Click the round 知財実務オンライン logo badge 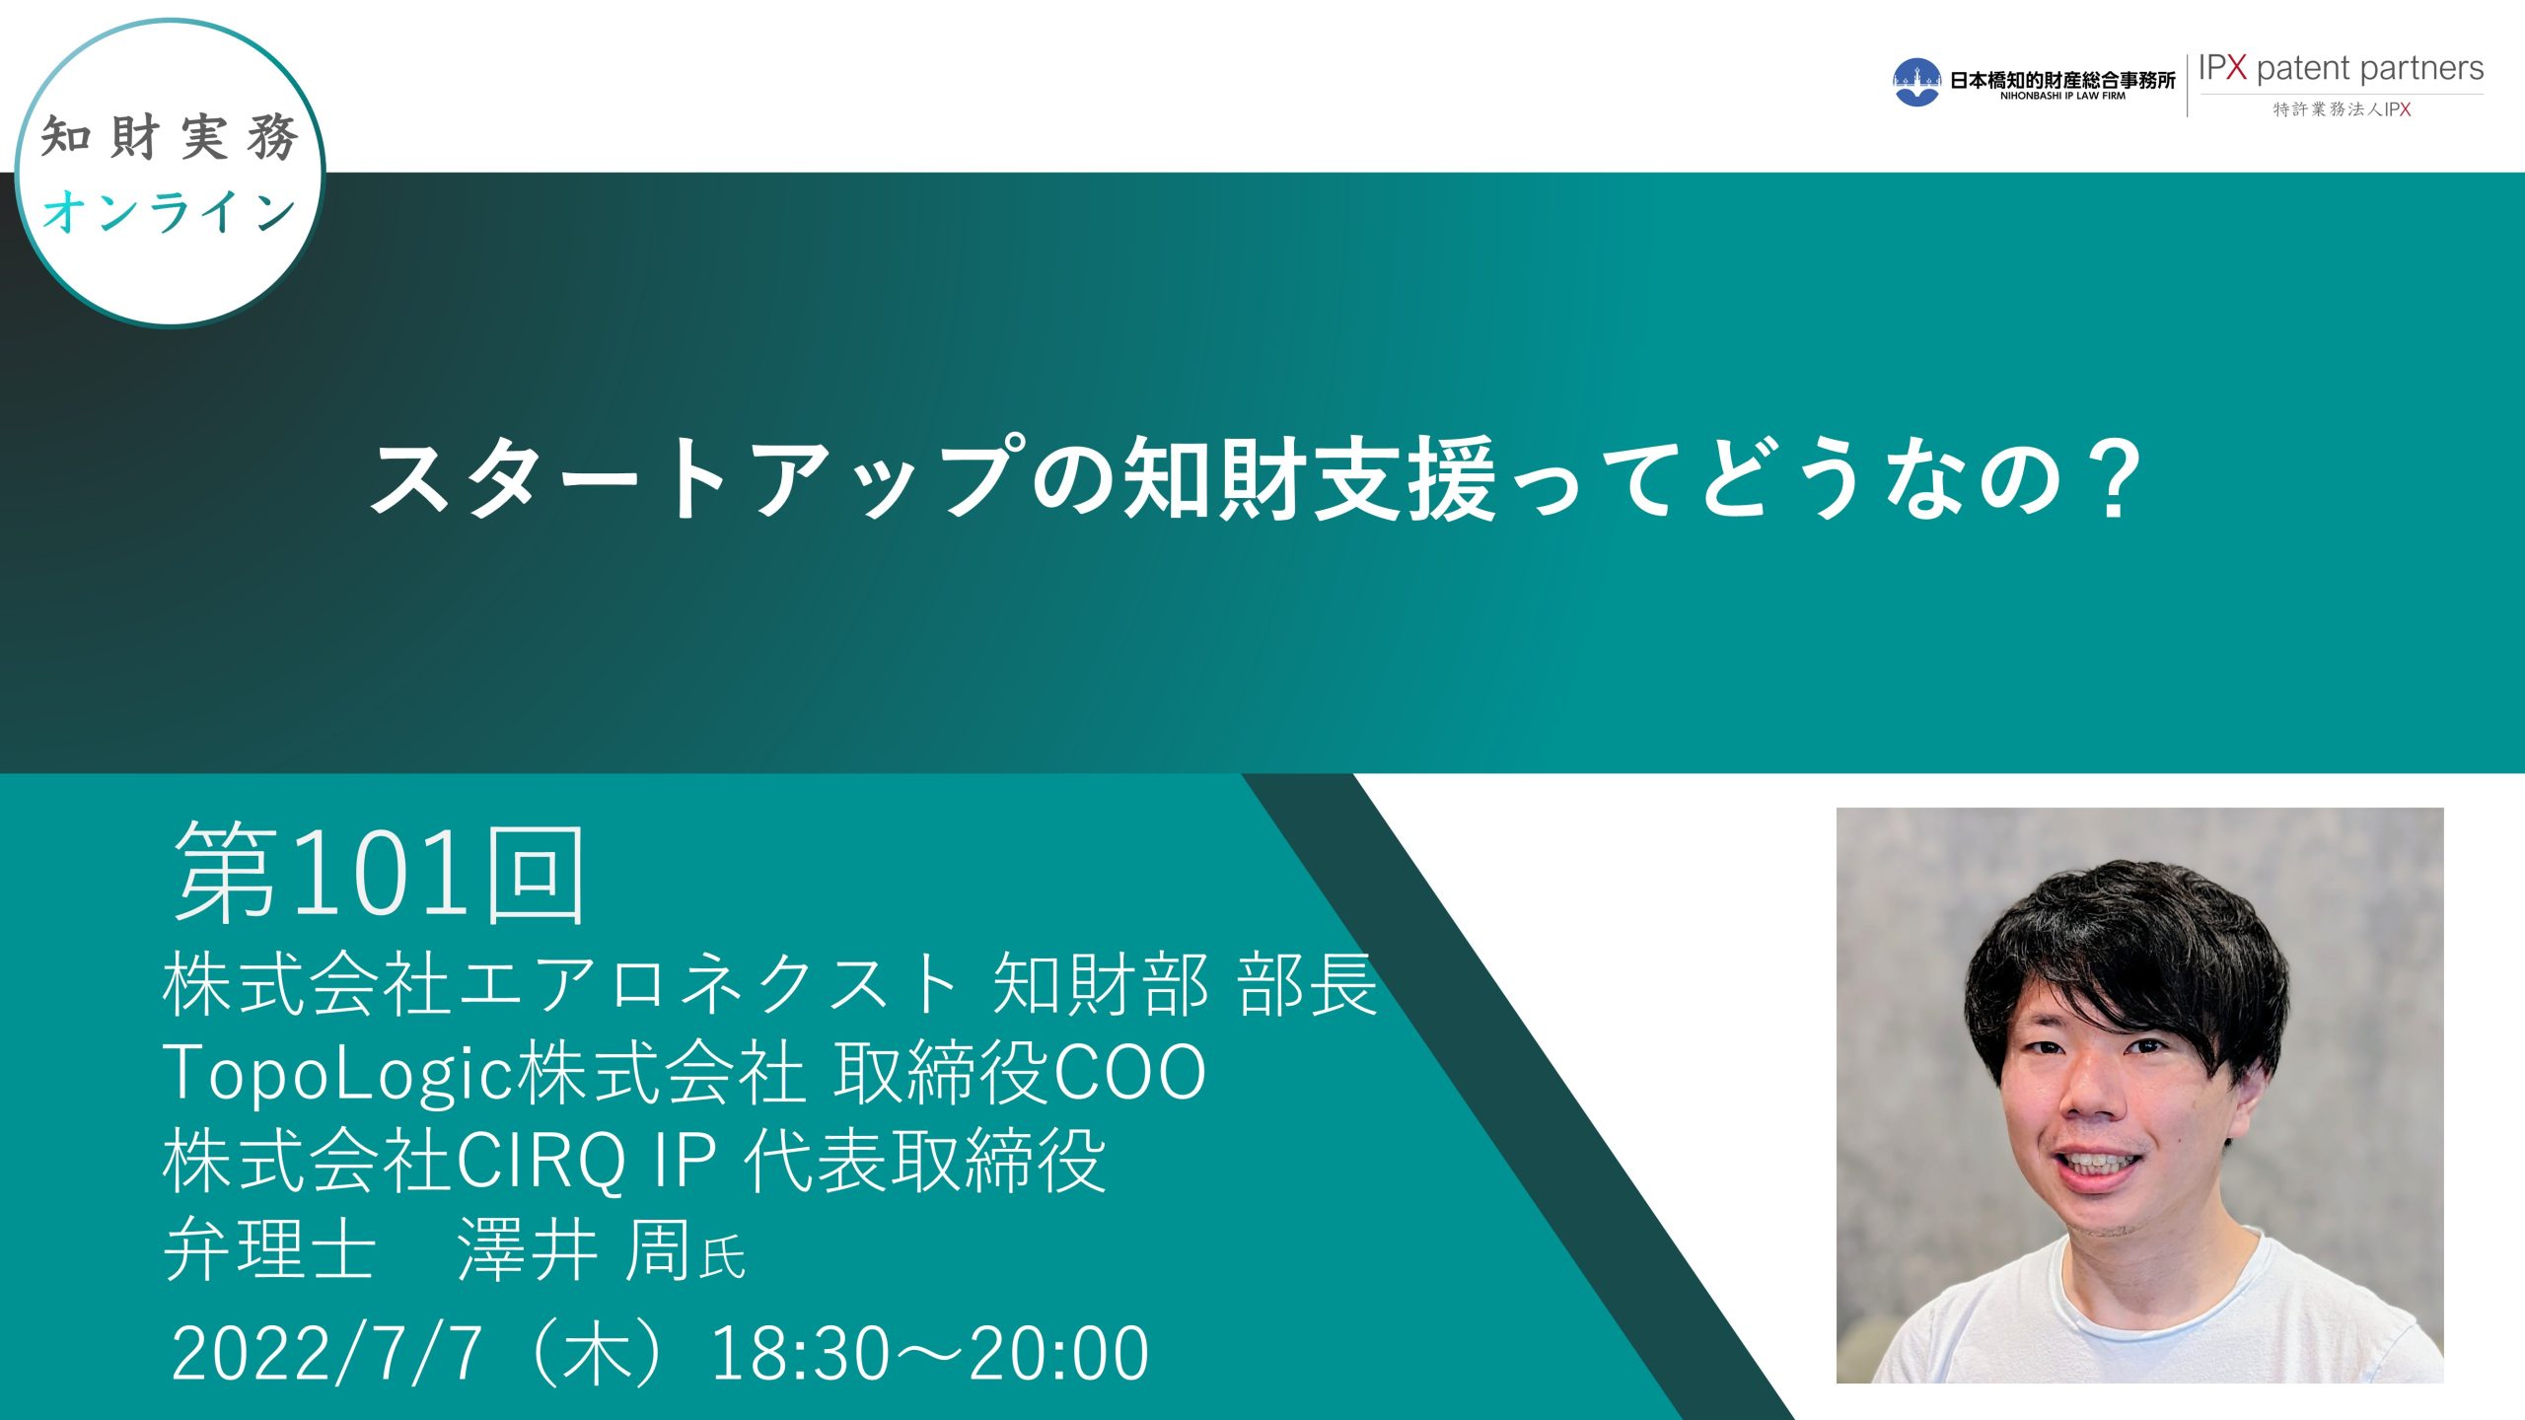pos(170,173)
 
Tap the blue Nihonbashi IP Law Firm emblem pos(1916,82)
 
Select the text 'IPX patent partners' pos(2341,68)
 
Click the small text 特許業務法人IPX pos(2342,109)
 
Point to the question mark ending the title pos(2114,478)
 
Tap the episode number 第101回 pos(380,874)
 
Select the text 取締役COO pos(1020,1073)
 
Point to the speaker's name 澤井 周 pos(573,1249)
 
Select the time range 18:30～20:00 pos(930,1353)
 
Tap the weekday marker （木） pos(597,1353)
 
